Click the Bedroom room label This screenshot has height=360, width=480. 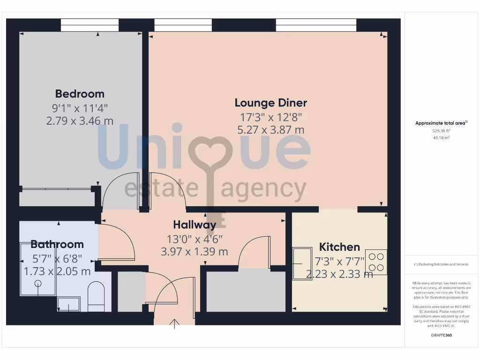click(80, 93)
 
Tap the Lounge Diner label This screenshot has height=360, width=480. click(271, 103)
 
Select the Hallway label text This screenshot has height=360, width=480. click(195, 225)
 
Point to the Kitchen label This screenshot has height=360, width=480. click(339, 247)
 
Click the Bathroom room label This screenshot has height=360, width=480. click(57, 244)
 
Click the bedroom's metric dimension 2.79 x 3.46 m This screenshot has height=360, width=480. click(80, 121)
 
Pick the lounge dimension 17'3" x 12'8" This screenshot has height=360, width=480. click(271, 117)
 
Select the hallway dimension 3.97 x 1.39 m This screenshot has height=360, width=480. click(195, 252)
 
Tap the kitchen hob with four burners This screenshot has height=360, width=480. click(376, 262)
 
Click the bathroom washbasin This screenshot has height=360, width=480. click(68, 304)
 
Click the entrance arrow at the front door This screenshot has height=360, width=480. click(175, 323)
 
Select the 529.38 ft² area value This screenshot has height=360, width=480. click(441, 131)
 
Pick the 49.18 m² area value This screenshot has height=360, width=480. click(441, 138)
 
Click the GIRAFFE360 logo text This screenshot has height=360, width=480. click(441, 335)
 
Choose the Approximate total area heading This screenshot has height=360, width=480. click(441, 123)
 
